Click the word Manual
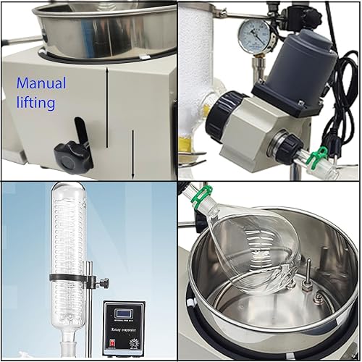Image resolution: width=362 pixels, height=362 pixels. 41,83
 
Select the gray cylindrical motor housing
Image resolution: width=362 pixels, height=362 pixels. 302,57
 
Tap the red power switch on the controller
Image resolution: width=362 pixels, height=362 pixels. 109,345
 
